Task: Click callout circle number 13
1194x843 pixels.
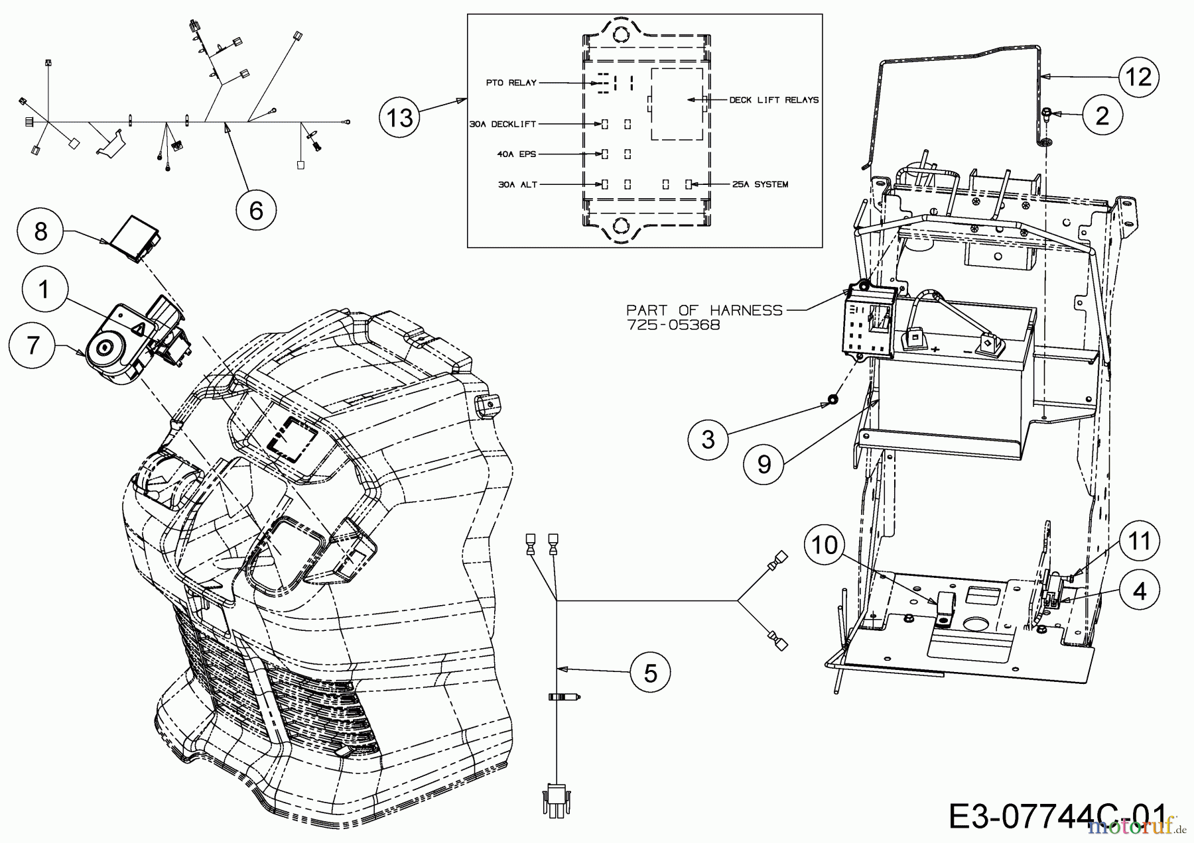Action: [x=401, y=118]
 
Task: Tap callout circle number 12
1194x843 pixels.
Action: [x=1138, y=78]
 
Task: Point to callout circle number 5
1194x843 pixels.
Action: [x=651, y=673]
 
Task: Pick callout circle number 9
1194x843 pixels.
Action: [x=764, y=464]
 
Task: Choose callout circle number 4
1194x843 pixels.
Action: [x=1139, y=590]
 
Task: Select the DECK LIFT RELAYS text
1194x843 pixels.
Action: [x=773, y=100]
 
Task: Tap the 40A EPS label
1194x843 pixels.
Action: [x=516, y=154]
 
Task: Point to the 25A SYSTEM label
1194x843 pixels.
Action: [x=760, y=184]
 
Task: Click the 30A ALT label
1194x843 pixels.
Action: [x=517, y=185]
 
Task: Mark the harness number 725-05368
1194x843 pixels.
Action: [x=673, y=325]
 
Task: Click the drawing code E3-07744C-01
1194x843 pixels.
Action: [x=1057, y=816]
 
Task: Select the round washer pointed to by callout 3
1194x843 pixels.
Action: [x=831, y=400]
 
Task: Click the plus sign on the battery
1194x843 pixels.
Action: [x=935, y=349]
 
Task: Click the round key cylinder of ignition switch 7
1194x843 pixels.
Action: [x=106, y=348]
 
